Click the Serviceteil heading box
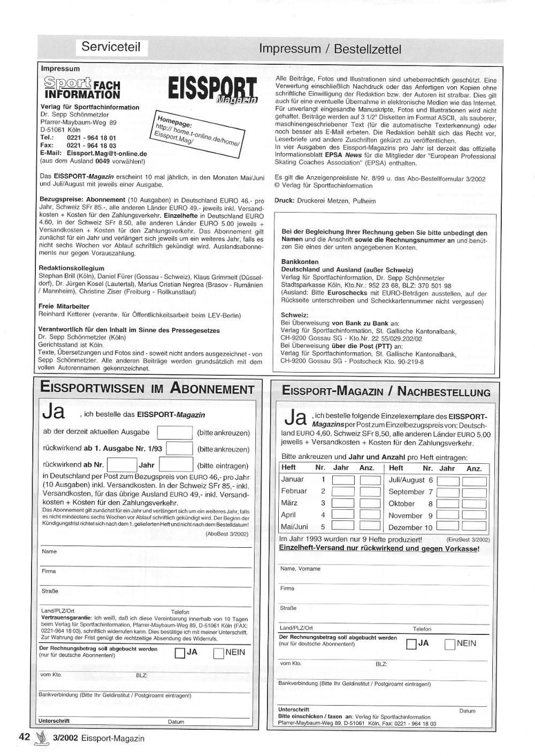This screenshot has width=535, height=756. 111,47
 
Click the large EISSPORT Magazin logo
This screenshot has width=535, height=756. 213,91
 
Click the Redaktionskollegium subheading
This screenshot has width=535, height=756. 71,268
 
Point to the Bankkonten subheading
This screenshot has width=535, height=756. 300,262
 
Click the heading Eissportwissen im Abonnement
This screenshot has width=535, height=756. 147,389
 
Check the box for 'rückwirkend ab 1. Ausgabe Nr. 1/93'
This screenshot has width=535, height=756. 179,449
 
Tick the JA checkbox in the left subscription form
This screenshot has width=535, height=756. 180,653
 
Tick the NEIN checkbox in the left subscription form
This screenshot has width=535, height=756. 218,653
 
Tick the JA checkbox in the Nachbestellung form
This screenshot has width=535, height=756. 411,644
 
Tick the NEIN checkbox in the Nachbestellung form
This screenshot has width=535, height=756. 450,644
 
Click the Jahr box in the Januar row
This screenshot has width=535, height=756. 343,480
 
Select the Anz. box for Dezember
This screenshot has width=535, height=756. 474,527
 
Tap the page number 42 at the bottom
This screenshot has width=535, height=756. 24,737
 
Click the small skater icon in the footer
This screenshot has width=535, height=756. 40,738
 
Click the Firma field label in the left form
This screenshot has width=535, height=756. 49,571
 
